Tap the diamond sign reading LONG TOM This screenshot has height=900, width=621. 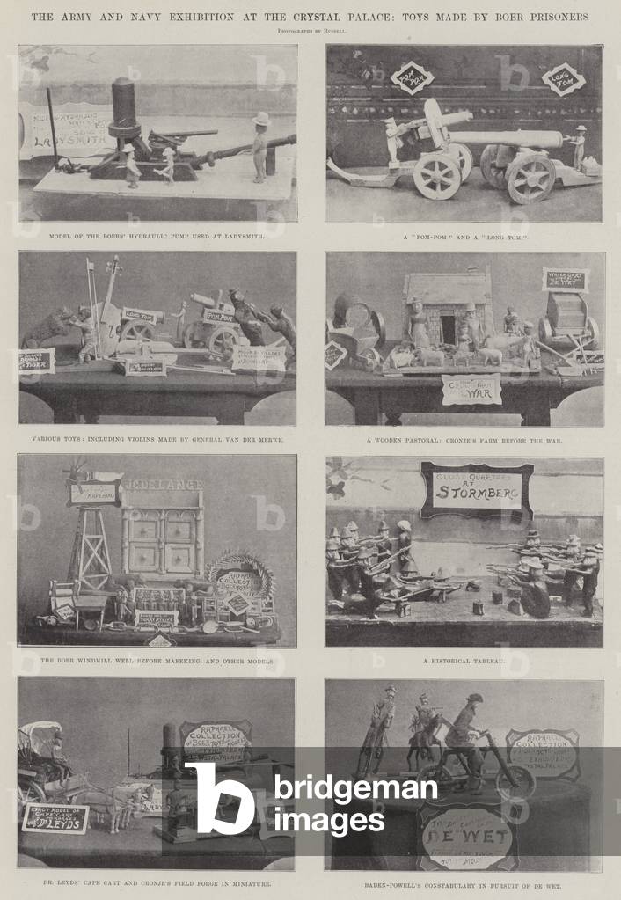(x=563, y=78)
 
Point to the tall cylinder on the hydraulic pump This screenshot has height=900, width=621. (x=125, y=104)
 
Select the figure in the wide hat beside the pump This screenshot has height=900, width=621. (x=259, y=145)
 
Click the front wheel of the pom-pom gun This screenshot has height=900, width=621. (x=437, y=176)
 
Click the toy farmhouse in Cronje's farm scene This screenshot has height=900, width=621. (x=447, y=308)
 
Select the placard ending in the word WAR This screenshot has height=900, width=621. (x=471, y=389)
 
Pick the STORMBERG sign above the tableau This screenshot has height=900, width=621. (x=476, y=490)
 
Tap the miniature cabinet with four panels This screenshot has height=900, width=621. (x=163, y=540)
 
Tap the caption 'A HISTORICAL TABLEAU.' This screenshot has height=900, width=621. (x=464, y=660)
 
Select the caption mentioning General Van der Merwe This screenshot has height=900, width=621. (x=157, y=439)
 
